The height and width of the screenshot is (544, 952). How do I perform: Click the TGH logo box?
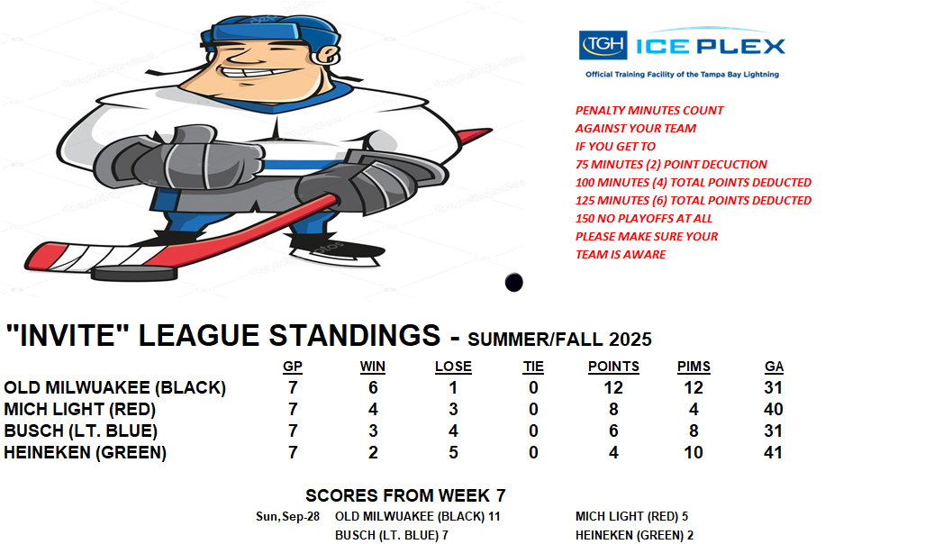click(603, 45)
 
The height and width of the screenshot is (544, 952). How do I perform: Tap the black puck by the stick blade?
click(134, 273)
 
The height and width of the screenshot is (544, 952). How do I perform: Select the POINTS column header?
click(613, 367)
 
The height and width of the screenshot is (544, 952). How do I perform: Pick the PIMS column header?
click(694, 367)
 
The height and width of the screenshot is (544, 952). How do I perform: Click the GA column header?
click(774, 367)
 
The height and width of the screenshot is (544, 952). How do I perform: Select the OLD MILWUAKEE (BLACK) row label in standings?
click(114, 388)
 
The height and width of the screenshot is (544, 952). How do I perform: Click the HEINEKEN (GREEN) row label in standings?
click(85, 453)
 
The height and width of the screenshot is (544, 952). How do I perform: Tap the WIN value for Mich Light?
click(373, 409)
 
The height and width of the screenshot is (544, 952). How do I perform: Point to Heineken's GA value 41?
click(773, 452)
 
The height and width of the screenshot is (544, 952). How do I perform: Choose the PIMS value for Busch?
click(694, 431)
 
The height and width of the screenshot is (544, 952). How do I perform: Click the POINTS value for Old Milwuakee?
click(613, 388)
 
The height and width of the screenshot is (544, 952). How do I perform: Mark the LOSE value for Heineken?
click(453, 452)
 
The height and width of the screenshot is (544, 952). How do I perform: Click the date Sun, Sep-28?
click(288, 517)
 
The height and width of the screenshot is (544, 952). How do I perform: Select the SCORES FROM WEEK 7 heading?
click(405, 495)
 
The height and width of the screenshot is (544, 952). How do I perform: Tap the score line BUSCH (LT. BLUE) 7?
click(392, 536)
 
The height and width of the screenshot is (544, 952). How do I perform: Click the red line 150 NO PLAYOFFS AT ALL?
click(644, 219)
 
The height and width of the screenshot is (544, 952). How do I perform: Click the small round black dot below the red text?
click(513, 282)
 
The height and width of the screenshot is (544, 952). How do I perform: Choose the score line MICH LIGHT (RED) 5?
click(632, 517)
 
